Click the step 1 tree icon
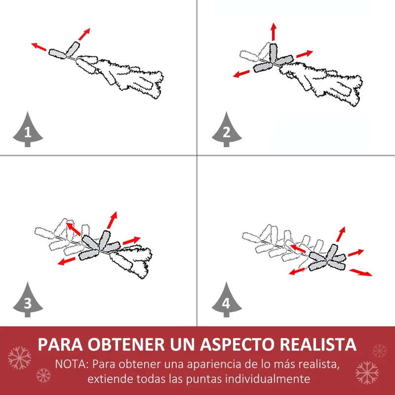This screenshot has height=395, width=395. (27, 130)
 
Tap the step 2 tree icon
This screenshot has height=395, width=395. (226, 130)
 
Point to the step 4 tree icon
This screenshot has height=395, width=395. (226, 301)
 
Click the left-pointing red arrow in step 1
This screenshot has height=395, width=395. (39, 47)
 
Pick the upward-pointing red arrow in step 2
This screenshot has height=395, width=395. (273, 32)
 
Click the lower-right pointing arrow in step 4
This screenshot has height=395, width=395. (360, 273)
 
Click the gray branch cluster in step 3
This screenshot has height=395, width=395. (101, 245)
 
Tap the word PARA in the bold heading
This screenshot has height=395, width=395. (63, 344)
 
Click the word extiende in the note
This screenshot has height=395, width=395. (107, 379)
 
